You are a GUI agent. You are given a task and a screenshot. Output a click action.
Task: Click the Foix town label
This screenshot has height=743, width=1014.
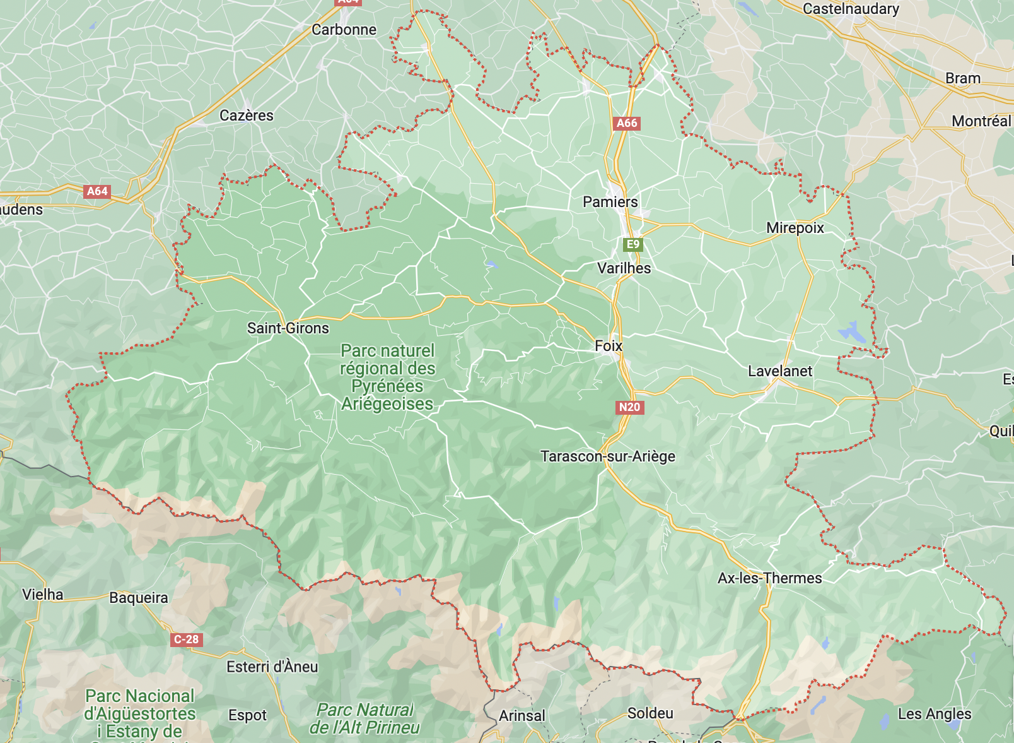609,346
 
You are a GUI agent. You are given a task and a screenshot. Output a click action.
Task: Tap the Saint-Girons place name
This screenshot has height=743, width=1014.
288,328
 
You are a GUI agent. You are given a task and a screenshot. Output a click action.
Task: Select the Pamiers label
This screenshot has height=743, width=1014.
610,202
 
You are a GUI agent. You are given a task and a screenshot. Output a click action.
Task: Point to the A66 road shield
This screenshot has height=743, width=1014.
627,123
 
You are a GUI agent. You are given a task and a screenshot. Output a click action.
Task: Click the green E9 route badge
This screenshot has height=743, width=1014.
632,244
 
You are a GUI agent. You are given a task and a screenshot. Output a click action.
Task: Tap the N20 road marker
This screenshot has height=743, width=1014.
629,407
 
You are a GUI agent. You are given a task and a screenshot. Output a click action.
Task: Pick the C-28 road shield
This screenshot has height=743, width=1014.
186,639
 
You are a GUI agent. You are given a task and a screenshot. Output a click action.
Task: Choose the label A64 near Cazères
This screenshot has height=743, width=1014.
97,191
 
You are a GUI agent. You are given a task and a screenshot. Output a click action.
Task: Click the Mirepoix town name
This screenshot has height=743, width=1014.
795,228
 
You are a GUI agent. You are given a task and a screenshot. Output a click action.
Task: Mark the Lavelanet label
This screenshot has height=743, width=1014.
779,371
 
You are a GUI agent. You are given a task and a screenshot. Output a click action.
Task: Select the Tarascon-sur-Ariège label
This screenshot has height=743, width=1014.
607,456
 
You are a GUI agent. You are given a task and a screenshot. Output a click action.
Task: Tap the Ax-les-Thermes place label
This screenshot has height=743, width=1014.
769,578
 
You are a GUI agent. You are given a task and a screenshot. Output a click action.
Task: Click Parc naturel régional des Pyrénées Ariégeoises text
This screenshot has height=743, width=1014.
387,377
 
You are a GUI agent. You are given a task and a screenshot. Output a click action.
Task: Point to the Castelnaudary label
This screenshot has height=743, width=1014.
850,9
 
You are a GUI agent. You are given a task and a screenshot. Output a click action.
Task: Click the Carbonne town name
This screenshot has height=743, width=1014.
344,30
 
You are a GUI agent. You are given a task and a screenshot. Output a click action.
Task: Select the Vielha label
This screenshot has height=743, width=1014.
43,595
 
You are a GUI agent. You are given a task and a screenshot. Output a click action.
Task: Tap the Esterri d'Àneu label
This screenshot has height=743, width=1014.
272,667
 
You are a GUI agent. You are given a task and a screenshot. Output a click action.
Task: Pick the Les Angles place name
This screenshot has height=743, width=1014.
934,714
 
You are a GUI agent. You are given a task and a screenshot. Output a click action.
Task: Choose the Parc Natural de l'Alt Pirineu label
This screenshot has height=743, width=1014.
365,719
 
